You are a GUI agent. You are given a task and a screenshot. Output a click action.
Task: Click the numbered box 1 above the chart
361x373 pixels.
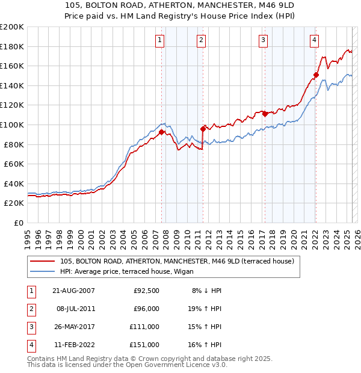tap(160, 40)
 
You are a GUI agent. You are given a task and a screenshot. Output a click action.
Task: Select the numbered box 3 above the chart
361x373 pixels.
tap(264, 40)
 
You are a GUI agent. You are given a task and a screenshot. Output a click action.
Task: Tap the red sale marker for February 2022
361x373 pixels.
tap(315, 75)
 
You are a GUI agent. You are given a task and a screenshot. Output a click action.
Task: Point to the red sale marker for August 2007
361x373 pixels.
tap(161, 132)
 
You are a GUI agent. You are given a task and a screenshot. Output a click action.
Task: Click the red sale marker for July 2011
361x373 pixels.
tap(203, 128)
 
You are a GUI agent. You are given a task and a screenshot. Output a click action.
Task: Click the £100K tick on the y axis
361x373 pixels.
tap(12, 125)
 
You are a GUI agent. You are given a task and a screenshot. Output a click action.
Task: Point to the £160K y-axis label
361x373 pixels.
tap(12, 66)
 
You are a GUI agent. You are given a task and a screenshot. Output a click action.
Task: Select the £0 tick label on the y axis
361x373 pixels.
tap(18, 223)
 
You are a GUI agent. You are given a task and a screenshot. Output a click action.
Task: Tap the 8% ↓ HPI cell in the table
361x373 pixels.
tap(207, 291)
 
